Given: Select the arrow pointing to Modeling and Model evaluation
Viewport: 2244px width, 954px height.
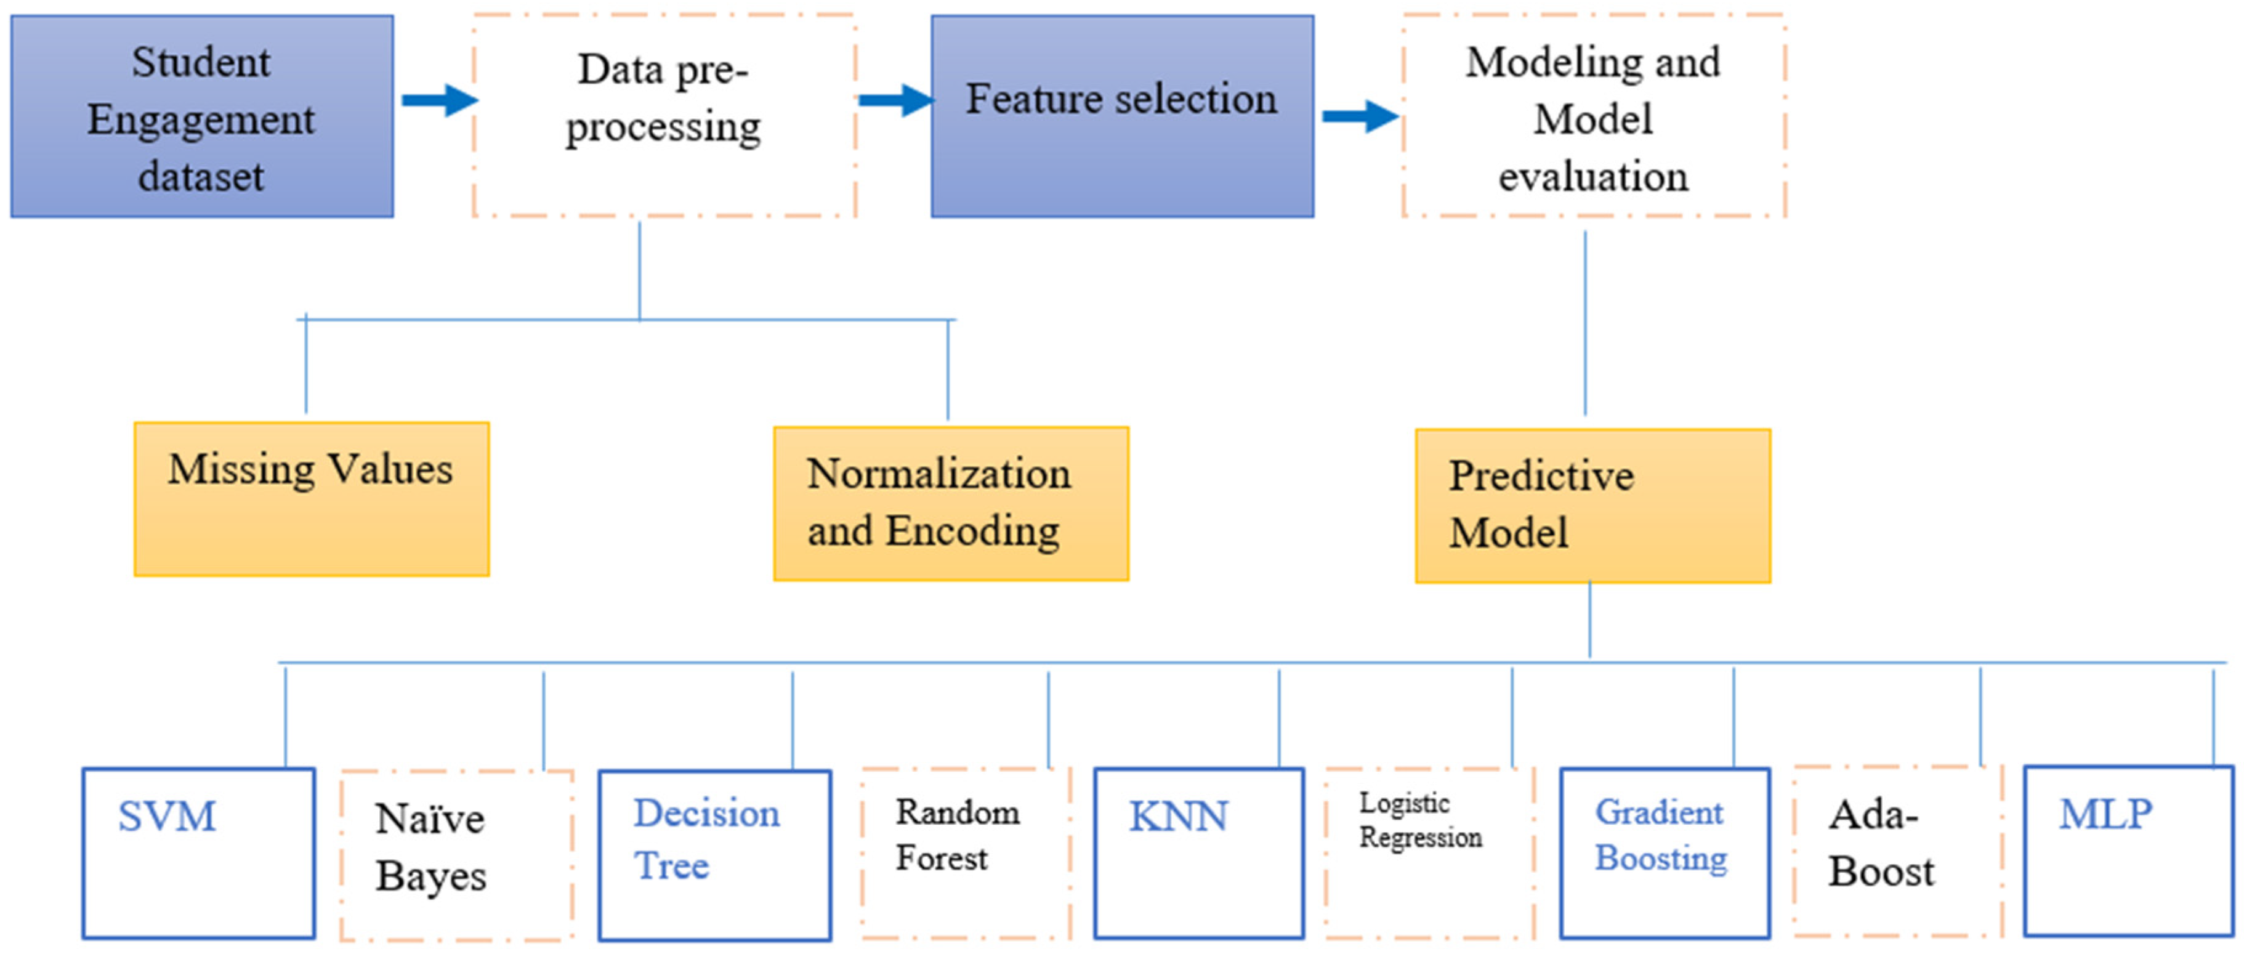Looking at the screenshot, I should click(x=1360, y=116).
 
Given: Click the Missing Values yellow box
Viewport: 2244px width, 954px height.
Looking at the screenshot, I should click(x=311, y=499).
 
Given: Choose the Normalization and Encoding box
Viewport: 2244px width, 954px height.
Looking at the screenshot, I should click(x=950, y=504).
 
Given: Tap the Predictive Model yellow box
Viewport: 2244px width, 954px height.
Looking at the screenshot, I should click(x=1592, y=505).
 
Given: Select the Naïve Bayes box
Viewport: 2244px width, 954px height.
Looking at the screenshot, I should click(x=456, y=855).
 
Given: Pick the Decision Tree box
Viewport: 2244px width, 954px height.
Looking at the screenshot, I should click(x=714, y=855).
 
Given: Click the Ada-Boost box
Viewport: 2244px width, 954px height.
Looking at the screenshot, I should click(x=1897, y=851).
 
